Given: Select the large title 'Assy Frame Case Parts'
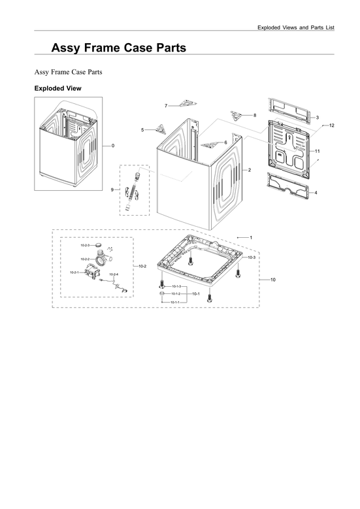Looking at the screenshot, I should (118, 48).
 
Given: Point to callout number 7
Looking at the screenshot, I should (166, 106).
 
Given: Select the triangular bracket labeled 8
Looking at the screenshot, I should (242, 115).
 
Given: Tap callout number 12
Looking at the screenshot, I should (331, 125).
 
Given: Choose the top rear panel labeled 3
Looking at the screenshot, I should (290, 108).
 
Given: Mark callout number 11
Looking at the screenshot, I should (317, 151).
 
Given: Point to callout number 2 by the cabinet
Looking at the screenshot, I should (249, 170).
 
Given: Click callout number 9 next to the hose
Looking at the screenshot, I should (112, 189).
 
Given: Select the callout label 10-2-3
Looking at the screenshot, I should (85, 245).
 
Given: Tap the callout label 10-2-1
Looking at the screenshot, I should (74, 272).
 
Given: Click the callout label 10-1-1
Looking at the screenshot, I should (175, 303).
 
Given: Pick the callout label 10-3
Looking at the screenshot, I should (252, 258).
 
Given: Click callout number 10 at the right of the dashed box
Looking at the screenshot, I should (272, 280).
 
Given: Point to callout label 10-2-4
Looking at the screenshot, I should (114, 274).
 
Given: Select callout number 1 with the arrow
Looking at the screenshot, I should (250, 236).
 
